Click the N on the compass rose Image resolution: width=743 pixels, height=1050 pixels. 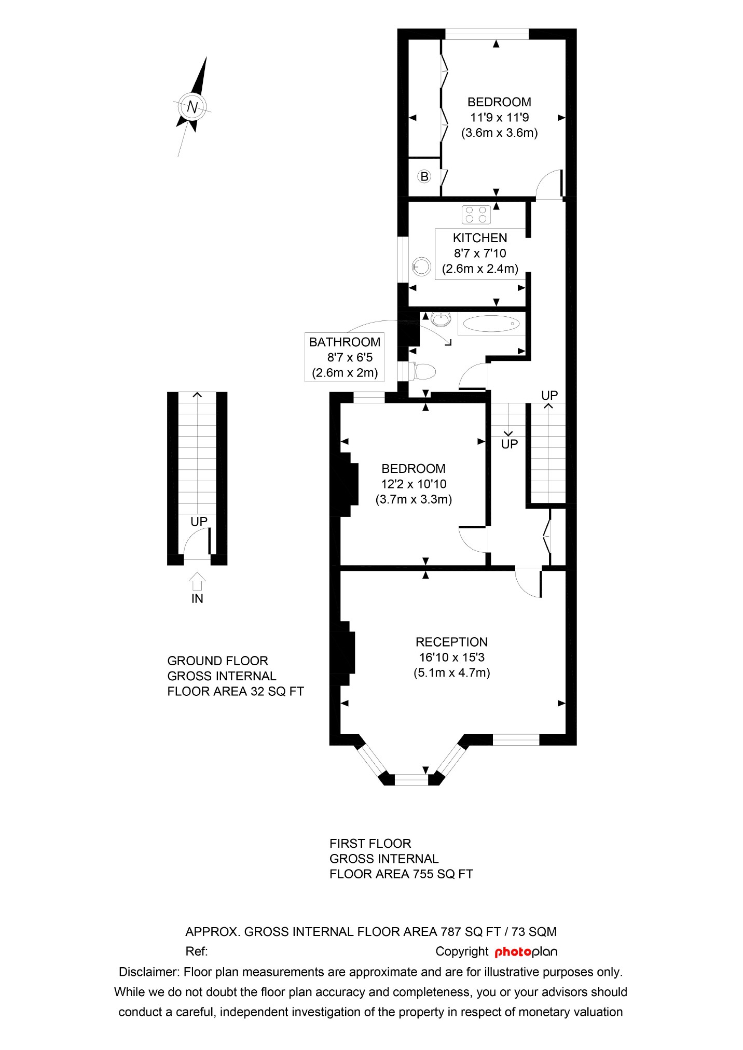(x=192, y=107)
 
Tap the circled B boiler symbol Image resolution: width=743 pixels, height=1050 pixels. (x=424, y=177)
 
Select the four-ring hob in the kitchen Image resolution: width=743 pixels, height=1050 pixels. (x=476, y=215)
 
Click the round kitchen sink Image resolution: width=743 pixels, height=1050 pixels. (x=421, y=267)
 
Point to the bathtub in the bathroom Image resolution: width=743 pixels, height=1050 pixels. (x=491, y=324)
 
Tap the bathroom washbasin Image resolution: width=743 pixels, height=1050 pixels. (x=441, y=319)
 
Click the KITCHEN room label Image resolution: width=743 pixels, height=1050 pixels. (x=480, y=238)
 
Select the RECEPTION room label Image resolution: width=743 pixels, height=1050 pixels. (x=451, y=642)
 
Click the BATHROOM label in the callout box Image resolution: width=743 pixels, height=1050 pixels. (x=345, y=342)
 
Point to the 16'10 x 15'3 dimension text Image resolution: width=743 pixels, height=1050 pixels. (x=451, y=657)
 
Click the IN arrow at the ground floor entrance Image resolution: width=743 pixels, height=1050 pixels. (x=197, y=581)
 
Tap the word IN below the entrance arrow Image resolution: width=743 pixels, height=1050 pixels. (x=197, y=599)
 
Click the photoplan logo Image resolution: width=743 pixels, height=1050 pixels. (x=526, y=952)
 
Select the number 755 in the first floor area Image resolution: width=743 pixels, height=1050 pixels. (x=423, y=874)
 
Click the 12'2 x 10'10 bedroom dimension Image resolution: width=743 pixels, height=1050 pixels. (x=414, y=484)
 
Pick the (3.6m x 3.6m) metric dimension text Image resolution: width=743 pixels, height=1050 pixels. (x=499, y=133)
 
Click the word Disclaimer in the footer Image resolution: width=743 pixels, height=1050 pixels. (x=149, y=972)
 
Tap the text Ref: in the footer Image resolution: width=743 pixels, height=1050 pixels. (x=197, y=951)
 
